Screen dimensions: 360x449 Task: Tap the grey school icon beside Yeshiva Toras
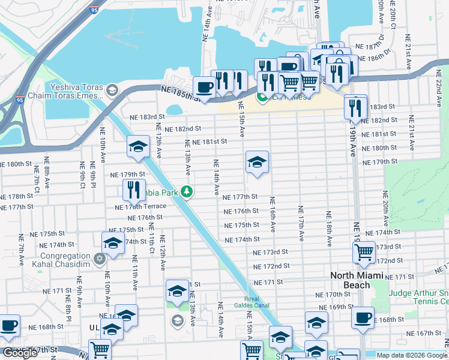pos(112,90)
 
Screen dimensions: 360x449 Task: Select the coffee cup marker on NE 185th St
pos(204,88)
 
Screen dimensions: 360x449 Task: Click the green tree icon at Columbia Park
pos(187,191)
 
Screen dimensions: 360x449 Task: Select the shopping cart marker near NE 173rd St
pos(364,253)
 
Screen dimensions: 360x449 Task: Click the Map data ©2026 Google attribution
pos(412,355)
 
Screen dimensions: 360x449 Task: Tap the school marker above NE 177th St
pos(257,162)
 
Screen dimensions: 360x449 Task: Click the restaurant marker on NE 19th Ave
pos(355,107)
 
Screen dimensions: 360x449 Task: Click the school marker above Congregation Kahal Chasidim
pos(112,243)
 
